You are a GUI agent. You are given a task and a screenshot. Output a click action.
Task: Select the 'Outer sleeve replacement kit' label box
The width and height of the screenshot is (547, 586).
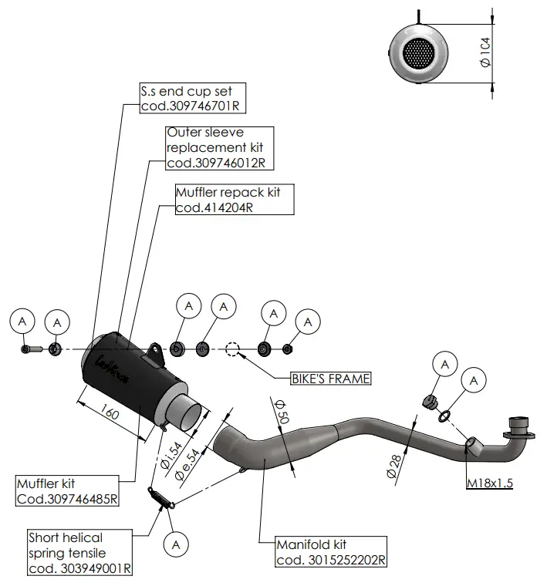(219, 147)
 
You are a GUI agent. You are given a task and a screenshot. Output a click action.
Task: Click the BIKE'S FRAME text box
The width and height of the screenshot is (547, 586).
(330, 379)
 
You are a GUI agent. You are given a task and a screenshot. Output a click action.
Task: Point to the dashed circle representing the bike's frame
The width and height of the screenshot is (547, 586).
(234, 349)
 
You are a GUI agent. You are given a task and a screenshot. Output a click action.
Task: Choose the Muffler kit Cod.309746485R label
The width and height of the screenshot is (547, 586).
(67, 490)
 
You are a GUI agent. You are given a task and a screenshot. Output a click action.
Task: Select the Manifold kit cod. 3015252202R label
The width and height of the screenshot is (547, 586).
(331, 552)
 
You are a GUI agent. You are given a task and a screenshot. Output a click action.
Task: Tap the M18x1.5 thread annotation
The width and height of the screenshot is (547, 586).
(489, 483)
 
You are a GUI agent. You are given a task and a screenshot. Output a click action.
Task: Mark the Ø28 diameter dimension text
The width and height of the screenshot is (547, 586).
(394, 467)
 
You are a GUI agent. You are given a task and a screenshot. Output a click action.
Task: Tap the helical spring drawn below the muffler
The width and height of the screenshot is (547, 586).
(160, 497)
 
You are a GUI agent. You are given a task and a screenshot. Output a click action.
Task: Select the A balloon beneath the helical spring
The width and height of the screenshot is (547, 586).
(177, 544)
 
